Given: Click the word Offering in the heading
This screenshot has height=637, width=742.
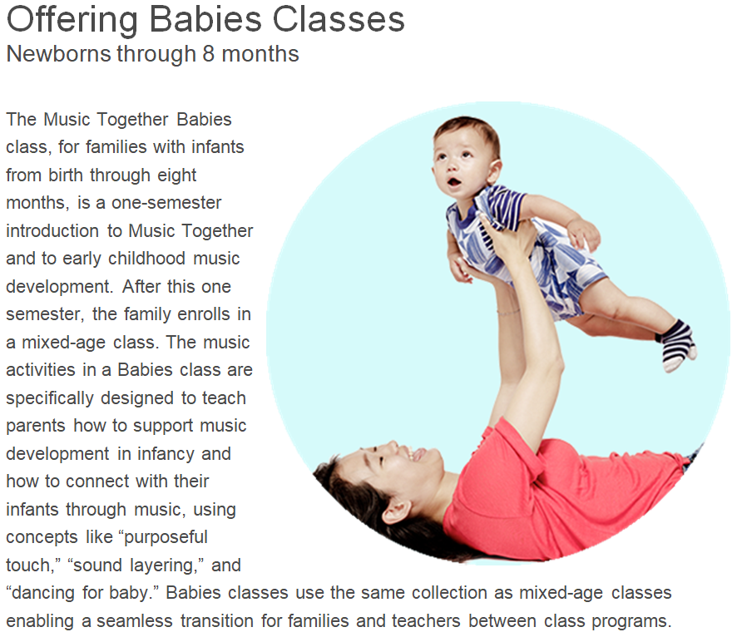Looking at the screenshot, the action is (x=72, y=21).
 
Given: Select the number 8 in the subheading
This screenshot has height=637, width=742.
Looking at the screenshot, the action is (x=209, y=54).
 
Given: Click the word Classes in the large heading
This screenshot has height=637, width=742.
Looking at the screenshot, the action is (x=339, y=19).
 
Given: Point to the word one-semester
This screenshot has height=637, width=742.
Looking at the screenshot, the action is (x=166, y=203).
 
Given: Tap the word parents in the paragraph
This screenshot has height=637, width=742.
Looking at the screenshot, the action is (x=36, y=427).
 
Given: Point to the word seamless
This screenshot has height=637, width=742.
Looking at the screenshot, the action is (x=135, y=621).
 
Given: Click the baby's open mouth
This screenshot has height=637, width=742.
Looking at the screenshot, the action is (x=455, y=182).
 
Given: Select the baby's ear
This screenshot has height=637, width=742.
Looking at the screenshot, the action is (x=493, y=170).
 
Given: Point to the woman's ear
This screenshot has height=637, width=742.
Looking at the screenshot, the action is (x=397, y=511).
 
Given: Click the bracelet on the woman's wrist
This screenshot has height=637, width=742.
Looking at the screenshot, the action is (x=507, y=313).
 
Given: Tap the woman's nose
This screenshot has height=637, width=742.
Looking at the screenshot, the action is (x=391, y=446).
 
